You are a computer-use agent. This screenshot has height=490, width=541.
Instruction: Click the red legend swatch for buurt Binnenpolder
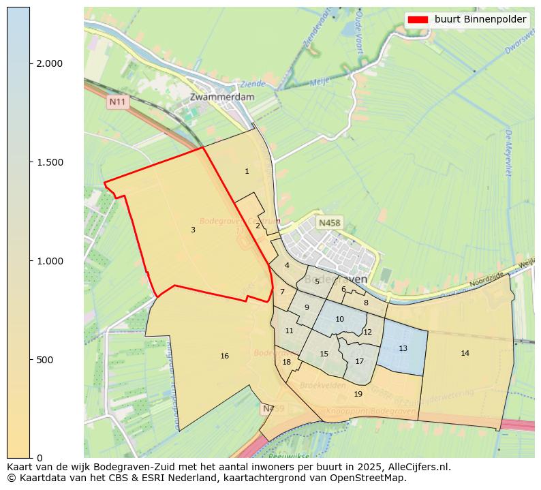[418, 20]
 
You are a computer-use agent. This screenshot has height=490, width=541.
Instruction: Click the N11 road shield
[118, 102]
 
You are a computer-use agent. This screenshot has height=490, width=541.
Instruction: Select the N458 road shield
[329, 223]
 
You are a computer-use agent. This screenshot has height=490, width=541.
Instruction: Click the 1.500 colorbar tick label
[50, 162]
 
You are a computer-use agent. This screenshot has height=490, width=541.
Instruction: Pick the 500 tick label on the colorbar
[45, 359]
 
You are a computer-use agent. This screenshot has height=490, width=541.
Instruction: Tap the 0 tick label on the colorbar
[39, 457]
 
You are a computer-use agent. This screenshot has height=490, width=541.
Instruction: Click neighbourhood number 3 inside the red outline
[193, 230]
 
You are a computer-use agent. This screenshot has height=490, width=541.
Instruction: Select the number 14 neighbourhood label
[465, 353]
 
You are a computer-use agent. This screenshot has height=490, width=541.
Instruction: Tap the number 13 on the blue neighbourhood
[403, 349]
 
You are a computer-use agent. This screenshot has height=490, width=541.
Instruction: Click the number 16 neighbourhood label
[224, 356]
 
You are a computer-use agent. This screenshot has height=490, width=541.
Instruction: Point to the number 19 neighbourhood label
[358, 394]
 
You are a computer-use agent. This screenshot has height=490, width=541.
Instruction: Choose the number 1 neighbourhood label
[247, 172]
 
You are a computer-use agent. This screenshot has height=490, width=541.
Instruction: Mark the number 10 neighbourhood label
[339, 320]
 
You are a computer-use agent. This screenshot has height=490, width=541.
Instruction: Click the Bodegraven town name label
[335, 279]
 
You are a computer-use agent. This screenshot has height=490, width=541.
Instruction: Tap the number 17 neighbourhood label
[359, 361]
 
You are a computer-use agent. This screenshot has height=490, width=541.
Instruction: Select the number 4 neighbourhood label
[287, 266]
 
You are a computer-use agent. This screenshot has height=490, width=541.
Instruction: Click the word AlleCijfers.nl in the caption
[416, 468]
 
